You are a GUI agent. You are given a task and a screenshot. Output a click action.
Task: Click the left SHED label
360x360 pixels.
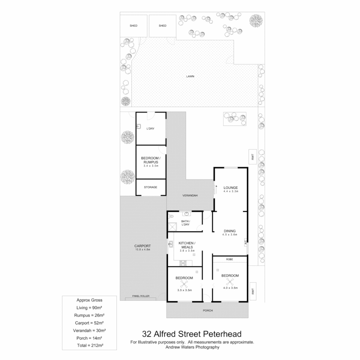[x=133, y=26]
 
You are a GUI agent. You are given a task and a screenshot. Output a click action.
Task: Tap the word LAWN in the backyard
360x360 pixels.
[x=190, y=76]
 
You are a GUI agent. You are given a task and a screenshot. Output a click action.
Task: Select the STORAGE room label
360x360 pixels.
[x=150, y=187]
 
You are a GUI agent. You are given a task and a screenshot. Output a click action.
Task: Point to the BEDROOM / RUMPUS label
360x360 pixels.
[x=151, y=160]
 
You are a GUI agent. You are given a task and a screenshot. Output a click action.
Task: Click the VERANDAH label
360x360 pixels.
[x=191, y=195]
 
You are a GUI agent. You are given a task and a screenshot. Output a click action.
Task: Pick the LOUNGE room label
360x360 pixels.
[x=230, y=188]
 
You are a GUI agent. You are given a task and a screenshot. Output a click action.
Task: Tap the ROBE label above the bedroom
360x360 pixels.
[x=229, y=259]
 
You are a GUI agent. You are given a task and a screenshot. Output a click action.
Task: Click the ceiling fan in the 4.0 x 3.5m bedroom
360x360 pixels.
[x=230, y=282]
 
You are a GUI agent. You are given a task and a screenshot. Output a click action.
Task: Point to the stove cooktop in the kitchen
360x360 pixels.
[x=183, y=263]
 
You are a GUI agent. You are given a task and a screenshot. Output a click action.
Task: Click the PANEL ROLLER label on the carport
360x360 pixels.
[x=140, y=296]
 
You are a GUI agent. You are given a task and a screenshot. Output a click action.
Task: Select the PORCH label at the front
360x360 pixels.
[x=207, y=310]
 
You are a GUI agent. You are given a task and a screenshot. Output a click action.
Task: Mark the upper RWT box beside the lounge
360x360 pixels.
[x=253, y=157]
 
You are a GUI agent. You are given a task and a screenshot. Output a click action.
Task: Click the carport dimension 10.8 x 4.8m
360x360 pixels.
[x=143, y=249]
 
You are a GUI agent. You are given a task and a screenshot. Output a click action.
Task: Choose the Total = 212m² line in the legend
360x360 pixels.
[x=90, y=346]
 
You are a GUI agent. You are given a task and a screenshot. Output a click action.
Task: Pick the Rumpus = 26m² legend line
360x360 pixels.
[x=90, y=315]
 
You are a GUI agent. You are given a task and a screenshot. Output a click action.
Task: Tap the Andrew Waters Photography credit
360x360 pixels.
[x=192, y=347]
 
